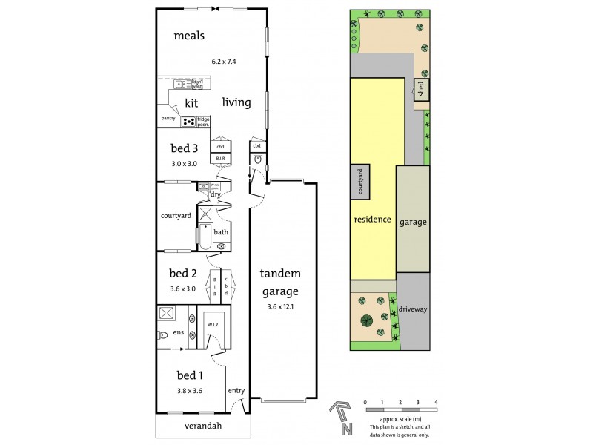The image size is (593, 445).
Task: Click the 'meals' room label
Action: tap(189, 35)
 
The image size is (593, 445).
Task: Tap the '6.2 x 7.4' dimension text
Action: tap(225, 62)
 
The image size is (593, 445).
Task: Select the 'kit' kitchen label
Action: tap(191, 103)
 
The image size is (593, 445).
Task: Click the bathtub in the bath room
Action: tap(205, 237)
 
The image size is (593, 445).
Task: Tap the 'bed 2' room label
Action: tap(182, 273)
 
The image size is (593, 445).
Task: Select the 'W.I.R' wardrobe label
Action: tap(212, 323)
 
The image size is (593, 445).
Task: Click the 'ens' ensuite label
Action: tap(179, 332)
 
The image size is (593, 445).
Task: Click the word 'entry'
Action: tap(236, 391)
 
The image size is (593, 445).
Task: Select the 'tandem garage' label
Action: tap(280, 282)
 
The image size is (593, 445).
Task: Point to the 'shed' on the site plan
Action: tap(421, 90)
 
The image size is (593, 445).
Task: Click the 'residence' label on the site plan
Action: tap(373, 220)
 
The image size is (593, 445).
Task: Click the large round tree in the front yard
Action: tap(365, 321)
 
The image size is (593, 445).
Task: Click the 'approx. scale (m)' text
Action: tap(400, 421)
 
